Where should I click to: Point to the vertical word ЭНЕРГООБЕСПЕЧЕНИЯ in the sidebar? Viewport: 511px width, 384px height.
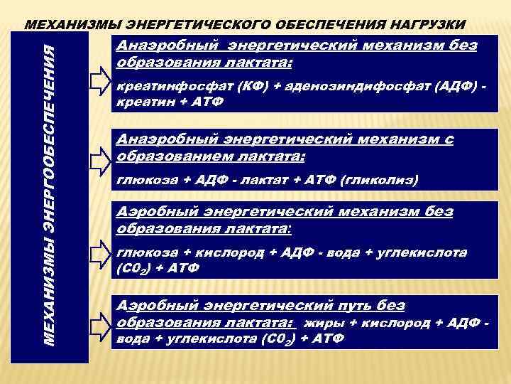point(48,124)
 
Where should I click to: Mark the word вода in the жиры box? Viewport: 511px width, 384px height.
point(130,338)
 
